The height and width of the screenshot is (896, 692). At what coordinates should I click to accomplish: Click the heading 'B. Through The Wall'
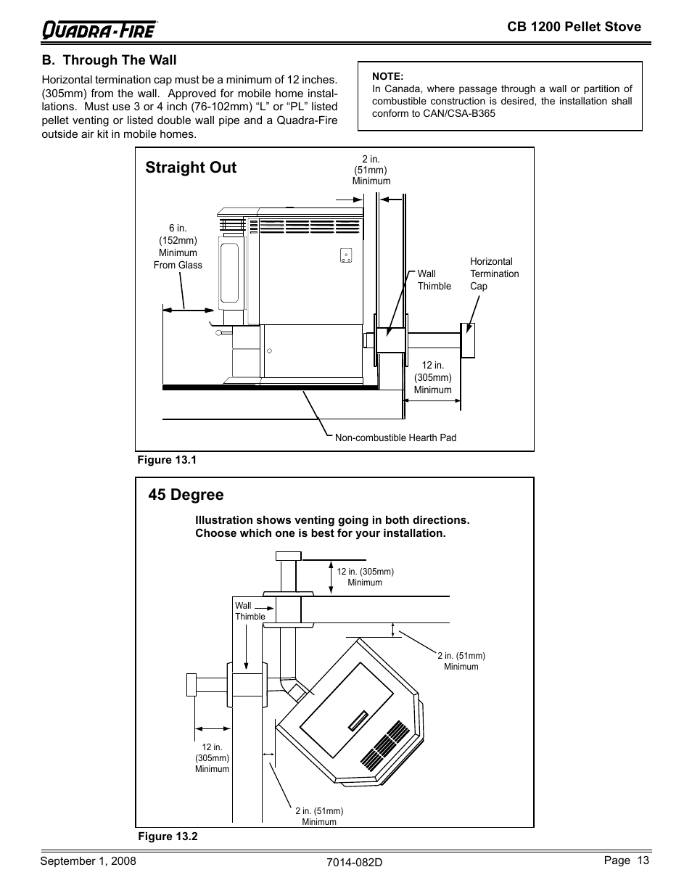[x=109, y=60]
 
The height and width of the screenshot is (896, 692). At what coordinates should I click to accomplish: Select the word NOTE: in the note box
[x=387, y=76]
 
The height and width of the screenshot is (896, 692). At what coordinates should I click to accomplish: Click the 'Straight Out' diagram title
[x=191, y=168]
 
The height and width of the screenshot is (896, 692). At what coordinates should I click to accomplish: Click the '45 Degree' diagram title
[x=186, y=495]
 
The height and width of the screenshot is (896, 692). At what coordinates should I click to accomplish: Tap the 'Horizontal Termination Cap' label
[x=494, y=274]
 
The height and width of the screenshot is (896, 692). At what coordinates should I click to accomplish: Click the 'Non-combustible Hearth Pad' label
[x=395, y=437]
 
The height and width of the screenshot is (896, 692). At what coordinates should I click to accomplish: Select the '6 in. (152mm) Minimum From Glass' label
[x=178, y=247]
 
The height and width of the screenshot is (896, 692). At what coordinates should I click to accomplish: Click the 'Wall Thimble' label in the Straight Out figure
[x=434, y=280]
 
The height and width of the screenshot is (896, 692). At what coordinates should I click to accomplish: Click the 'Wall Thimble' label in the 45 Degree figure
[x=250, y=611]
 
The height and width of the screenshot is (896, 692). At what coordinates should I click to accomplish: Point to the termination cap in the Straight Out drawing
[x=468, y=340]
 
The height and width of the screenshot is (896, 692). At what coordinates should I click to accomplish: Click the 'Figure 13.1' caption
[x=168, y=460]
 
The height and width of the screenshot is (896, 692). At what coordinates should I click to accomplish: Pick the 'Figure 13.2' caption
[x=168, y=837]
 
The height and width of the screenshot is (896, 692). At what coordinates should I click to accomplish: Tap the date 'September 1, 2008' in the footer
[x=88, y=861]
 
